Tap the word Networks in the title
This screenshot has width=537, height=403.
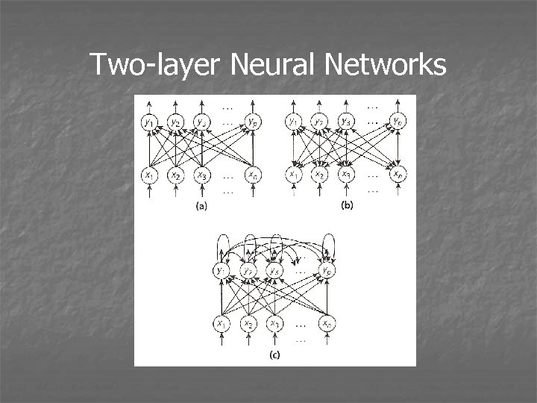coord(386,66)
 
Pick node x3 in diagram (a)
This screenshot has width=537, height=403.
coord(201,175)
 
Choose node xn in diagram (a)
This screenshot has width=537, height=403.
coord(254,175)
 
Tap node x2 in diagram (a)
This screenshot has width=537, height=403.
coord(175,175)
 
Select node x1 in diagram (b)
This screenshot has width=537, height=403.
coord(292,175)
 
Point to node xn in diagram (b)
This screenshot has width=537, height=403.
coord(398,175)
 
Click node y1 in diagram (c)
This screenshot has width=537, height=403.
coord(222,270)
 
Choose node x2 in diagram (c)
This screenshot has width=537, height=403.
coord(248,324)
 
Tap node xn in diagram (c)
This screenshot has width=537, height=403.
coord(327,324)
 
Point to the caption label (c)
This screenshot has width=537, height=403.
coord(274,356)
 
